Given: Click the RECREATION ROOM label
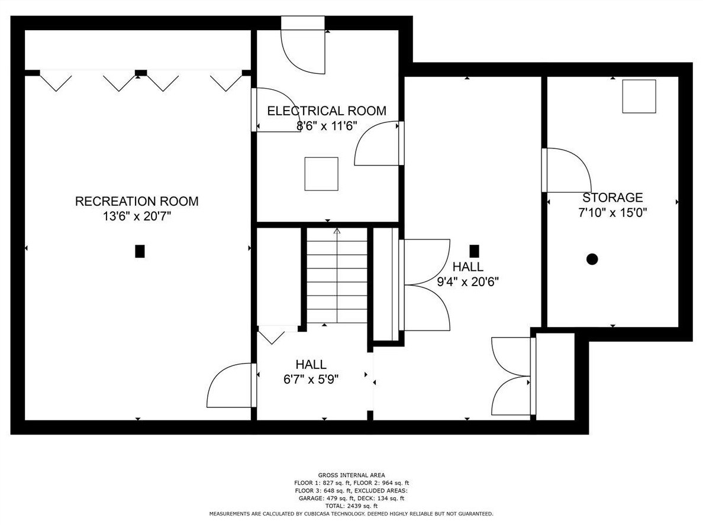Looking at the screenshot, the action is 137,202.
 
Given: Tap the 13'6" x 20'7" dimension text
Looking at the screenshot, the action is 137,216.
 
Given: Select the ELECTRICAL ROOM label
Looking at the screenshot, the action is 327,111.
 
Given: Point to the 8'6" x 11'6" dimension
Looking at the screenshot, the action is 327,126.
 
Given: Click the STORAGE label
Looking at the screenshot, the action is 612,197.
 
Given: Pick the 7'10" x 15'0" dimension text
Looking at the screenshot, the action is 612,212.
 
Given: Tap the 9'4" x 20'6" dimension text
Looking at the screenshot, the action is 468,282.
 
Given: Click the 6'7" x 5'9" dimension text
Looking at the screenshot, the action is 311,380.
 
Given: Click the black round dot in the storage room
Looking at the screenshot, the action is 592,259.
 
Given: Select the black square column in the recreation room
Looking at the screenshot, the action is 140,251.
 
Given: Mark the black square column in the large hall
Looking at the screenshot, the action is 475,251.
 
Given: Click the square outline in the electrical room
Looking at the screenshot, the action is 321,174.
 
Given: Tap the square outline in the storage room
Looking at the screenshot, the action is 639,96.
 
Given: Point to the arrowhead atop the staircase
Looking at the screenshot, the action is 337,231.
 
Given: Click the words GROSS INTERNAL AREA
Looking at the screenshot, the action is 352,475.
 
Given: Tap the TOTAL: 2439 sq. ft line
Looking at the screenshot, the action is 352,505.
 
